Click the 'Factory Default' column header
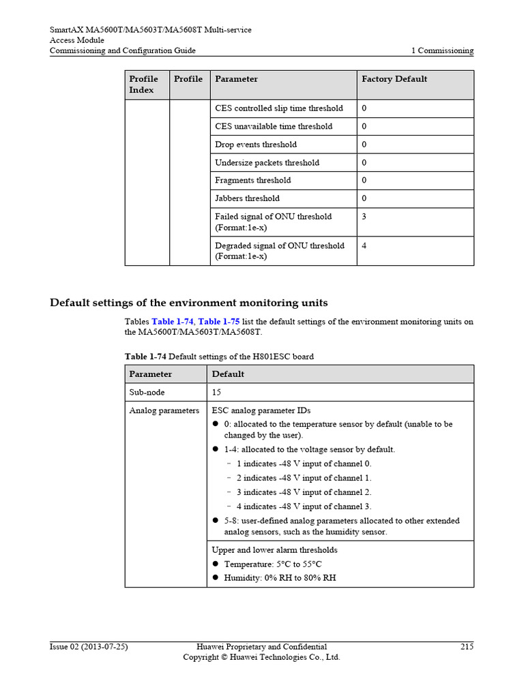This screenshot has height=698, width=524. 394,79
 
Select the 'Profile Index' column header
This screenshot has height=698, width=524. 143,85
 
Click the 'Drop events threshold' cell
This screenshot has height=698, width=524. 256,145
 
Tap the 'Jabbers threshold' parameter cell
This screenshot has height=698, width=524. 247,198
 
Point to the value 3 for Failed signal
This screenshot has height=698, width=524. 364,217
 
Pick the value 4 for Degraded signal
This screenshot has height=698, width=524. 364,246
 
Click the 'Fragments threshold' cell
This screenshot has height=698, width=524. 252,181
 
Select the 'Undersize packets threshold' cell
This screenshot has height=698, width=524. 267,163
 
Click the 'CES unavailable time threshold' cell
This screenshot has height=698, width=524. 274,127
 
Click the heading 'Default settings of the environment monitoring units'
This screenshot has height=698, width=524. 189,303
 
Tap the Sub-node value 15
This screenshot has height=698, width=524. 217,393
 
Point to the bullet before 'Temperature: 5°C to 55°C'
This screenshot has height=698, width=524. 215,564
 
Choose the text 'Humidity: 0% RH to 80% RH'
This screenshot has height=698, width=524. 280,578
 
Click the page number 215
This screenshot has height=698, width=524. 467,646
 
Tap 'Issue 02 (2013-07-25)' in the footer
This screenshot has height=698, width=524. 89,646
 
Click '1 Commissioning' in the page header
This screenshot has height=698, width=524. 442,50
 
